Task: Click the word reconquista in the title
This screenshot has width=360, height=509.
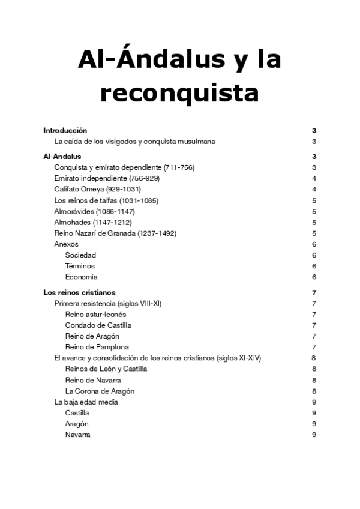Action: tap(179, 94)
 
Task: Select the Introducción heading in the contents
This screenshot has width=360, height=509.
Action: tap(65, 130)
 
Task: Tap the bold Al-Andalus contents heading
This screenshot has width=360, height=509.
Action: tap(63, 157)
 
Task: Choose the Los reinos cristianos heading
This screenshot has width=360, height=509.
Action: tap(80, 292)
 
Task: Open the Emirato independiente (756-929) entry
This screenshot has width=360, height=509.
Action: tap(107, 178)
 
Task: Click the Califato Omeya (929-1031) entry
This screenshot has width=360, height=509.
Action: tap(97, 189)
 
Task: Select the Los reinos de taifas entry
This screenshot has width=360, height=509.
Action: tap(106, 200)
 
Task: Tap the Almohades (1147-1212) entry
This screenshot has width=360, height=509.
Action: tap(93, 222)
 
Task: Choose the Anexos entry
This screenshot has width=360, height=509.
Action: tap(66, 244)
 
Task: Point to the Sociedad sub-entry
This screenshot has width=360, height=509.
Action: tap(80, 255)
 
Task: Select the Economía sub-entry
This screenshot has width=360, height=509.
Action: tap(82, 277)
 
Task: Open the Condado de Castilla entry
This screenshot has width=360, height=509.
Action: tap(98, 325)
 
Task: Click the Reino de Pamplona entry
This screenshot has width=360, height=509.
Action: tap(97, 347)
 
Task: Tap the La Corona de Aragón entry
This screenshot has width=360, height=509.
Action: tap(100, 391)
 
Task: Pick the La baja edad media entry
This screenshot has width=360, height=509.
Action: tap(86, 402)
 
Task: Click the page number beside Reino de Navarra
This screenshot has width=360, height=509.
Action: tap(314, 380)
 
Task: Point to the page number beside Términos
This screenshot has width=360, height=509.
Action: tap(314, 266)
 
